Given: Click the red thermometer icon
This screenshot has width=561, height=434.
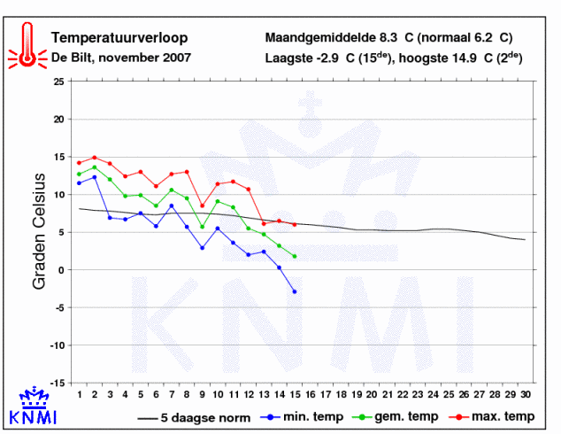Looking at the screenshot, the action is [x=27, y=46].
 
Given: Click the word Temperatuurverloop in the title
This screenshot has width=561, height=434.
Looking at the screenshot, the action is [x=119, y=37].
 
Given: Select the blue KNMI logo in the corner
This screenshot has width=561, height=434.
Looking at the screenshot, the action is [x=33, y=406].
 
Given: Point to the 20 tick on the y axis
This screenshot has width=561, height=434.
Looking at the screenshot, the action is [x=59, y=120].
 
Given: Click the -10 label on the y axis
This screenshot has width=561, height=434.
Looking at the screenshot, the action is [x=58, y=345].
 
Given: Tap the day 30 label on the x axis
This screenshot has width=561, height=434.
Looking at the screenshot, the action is [x=526, y=394].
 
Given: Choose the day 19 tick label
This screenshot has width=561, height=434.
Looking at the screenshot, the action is [x=357, y=394].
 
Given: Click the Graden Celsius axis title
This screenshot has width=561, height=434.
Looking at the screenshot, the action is [x=39, y=231].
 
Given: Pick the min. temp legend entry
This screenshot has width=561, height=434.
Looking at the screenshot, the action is [x=302, y=417].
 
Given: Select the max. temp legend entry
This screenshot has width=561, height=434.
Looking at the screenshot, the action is [x=492, y=417].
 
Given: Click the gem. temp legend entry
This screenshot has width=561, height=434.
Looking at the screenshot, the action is [x=396, y=417].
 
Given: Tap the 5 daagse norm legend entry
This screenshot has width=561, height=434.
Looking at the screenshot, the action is [x=194, y=417].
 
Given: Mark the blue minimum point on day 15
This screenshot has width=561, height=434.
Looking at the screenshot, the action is [x=295, y=291].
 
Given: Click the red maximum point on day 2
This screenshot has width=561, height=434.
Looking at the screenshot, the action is [x=95, y=158].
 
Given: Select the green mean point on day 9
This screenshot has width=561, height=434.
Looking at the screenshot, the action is [x=202, y=227].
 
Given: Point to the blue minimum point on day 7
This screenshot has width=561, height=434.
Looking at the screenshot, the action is [x=172, y=205].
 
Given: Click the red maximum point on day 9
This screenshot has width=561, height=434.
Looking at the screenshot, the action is [x=202, y=205].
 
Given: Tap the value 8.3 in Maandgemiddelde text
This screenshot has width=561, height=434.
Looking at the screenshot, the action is [x=388, y=37].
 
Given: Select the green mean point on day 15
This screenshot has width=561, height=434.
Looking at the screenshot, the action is [x=295, y=256].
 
